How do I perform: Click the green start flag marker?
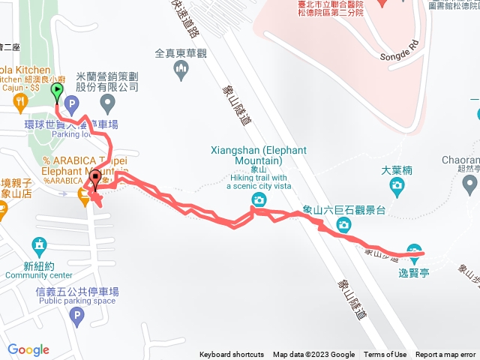[57, 91]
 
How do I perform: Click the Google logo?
[28, 349]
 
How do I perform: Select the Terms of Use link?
[385, 355]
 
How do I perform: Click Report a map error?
[445, 355]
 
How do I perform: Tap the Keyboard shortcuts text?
[232, 355]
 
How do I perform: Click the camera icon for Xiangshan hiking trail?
[259, 199]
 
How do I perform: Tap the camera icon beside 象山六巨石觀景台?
[343, 224]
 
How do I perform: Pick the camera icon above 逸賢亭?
[414, 250]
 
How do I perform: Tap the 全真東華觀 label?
[180, 54]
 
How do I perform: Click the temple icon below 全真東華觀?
[180, 71]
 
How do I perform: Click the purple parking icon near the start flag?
[72, 103]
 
